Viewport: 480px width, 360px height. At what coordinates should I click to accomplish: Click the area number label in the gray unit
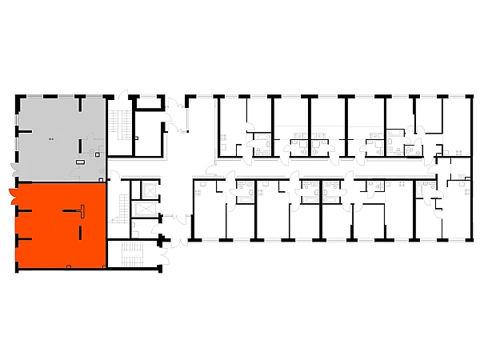pos(51,138)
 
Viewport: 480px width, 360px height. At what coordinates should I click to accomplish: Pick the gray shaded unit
pos(48,120)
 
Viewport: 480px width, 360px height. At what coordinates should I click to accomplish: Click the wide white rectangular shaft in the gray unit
pos(80,161)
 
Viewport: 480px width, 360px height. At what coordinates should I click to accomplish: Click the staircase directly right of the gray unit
pos(122,124)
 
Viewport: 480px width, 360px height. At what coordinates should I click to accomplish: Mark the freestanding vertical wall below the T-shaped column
pos(81,231)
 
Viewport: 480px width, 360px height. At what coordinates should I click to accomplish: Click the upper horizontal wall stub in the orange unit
pos(24,211)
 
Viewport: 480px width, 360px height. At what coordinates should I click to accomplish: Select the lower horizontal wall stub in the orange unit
pos(24,238)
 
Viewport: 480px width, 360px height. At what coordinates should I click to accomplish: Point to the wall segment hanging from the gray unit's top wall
pos(81,104)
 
